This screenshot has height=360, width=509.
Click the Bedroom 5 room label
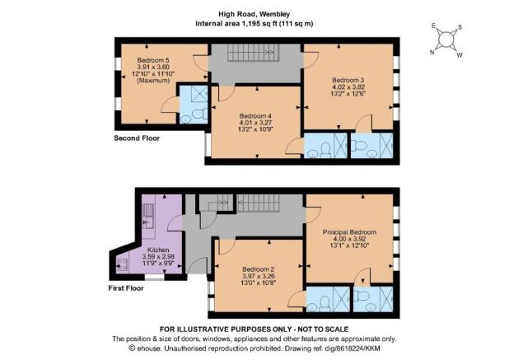coord(153,60)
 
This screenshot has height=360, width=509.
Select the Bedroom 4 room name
coord(255,116)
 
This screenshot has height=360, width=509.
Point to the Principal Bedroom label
coord(349,232)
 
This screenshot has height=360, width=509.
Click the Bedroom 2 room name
coord(259,269)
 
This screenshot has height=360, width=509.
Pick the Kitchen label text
coord(158,250)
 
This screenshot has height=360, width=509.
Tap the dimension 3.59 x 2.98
coord(158,256)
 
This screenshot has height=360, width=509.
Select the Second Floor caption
coord(137,138)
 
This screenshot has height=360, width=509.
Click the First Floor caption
coord(126,288)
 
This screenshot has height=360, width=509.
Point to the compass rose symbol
coord(446,40)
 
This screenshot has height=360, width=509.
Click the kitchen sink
coord(148,216)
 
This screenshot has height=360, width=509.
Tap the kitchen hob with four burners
coord(123,264)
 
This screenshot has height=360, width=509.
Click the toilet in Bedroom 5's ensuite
coord(198,114)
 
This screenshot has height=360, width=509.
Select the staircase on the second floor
coord(253,53)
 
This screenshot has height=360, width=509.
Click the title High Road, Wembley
coord(254,14)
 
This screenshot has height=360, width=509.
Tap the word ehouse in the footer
coord(148,348)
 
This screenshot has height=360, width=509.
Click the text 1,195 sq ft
coord(259,24)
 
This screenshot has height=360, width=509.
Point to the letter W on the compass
coord(460,55)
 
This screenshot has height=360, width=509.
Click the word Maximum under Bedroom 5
coord(153,81)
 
